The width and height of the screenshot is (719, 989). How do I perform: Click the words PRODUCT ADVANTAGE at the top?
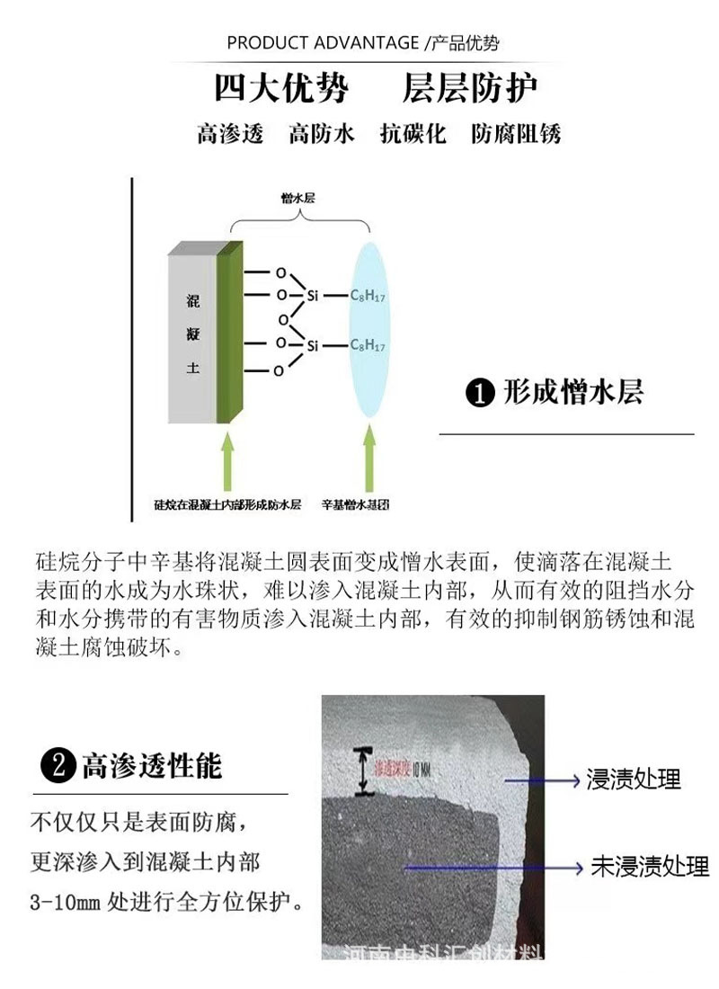[323, 42]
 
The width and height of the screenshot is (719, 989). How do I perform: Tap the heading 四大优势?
[280, 90]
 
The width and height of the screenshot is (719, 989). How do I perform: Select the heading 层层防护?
[469, 90]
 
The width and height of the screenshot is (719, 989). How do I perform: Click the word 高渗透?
[230, 135]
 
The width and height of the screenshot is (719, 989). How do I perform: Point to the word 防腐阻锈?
[516, 135]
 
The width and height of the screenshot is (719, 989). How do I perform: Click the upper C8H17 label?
[368, 295]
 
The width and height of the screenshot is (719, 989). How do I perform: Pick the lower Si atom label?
[313, 345]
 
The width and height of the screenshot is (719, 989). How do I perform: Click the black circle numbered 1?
[480, 394]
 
